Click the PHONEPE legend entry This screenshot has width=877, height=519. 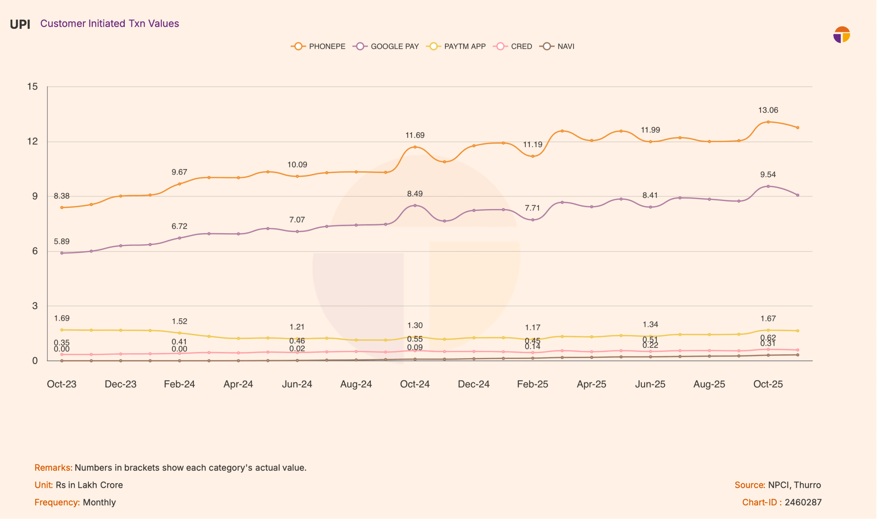(x=319, y=47)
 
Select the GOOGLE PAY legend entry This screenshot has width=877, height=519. (x=386, y=47)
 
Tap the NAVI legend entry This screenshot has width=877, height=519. (x=557, y=47)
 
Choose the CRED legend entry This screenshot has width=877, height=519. (x=513, y=47)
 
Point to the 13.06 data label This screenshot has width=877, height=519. (x=768, y=111)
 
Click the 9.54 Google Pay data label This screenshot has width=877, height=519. (x=768, y=175)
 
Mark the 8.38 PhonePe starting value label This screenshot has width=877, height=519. (x=62, y=196)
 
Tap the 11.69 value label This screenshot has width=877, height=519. (x=415, y=135)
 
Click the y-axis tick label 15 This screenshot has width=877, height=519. (x=33, y=87)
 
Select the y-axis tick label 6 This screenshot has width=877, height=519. (x=35, y=251)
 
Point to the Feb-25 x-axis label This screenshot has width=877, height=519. (x=533, y=384)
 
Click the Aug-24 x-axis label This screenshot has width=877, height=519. (x=356, y=384)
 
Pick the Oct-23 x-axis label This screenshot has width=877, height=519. (x=62, y=384)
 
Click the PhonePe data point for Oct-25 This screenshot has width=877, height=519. (x=768, y=122)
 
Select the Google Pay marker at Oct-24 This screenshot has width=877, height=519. (x=415, y=206)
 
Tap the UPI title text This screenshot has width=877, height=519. (x=20, y=24)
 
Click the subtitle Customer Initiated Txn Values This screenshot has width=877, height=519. (x=109, y=23)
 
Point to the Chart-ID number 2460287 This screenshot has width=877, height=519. (x=803, y=503)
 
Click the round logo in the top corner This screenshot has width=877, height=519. (x=842, y=35)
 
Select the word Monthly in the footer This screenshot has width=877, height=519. (x=99, y=503)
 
